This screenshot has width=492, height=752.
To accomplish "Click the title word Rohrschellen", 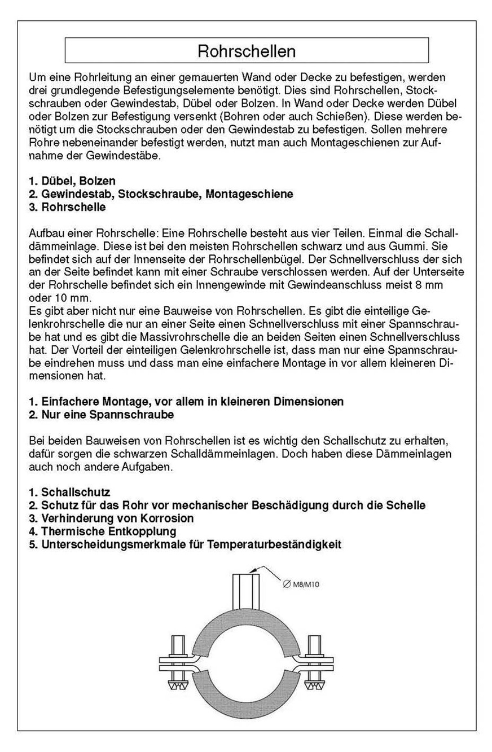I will click(x=247, y=51).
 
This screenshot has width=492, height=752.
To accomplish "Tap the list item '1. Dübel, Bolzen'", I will click(x=72, y=181).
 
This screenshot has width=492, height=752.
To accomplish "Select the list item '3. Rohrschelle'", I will click(x=67, y=207).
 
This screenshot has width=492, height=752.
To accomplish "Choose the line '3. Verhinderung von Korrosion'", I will click(x=111, y=518).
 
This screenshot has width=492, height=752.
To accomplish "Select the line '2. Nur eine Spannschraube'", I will click(x=101, y=415).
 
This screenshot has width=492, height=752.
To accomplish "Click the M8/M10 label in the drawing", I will click(x=306, y=586).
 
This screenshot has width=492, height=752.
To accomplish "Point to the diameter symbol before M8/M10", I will click(x=286, y=586).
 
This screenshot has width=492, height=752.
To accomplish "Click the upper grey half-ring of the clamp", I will click(x=244, y=623).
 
